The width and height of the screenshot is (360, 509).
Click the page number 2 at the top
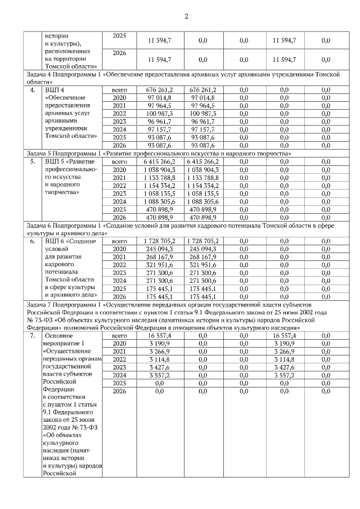(x=186, y=16)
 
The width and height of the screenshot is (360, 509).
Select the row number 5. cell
(x=33, y=162)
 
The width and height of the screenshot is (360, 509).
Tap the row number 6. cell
(x=33, y=241)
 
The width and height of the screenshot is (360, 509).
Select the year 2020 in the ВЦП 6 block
(x=119, y=249)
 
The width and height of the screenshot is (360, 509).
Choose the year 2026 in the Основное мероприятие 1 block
(x=119, y=391)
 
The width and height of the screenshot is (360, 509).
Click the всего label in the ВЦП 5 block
(x=119, y=162)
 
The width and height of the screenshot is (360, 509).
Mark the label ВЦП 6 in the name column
(x=55, y=241)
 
